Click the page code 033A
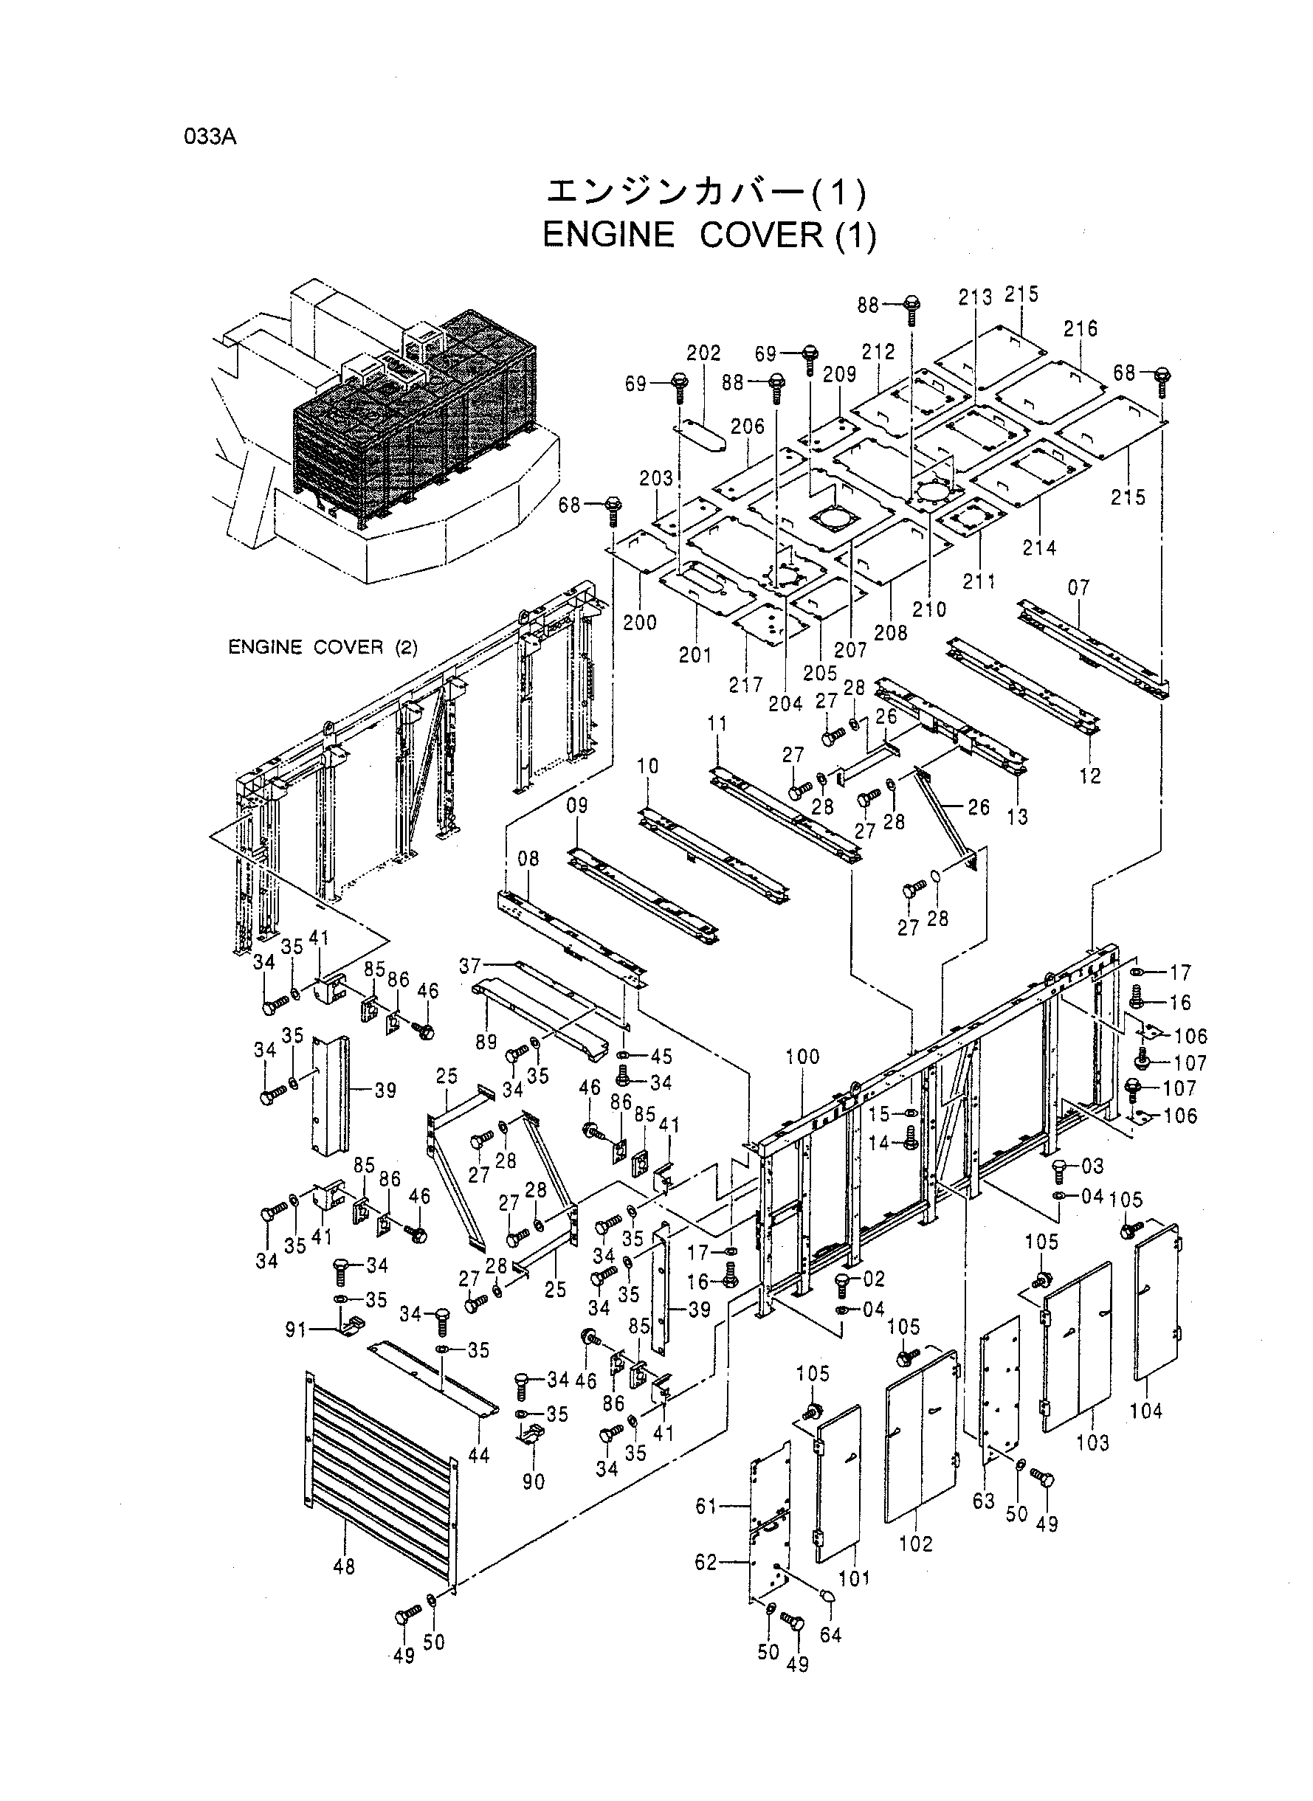[x=210, y=136]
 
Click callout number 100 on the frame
[x=802, y=1057]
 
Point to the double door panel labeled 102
[x=920, y=1436]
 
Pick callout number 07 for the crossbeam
[x=1078, y=588]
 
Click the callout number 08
[x=528, y=858]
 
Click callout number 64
[x=830, y=1634]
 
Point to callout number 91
[x=296, y=1329]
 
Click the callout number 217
[x=745, y=685]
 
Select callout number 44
[x=478, y=1455]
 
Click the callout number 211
[x=979, y=581]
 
